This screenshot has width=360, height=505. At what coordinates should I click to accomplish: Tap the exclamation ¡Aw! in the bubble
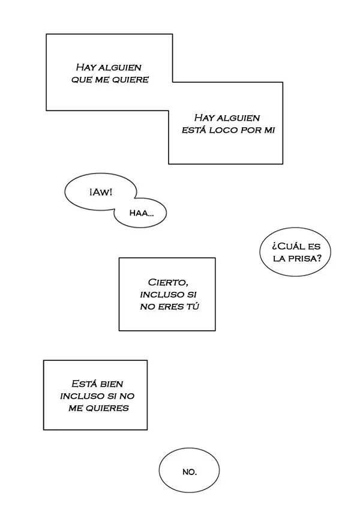tap(101, 193)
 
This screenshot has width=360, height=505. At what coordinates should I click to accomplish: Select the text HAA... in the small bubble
tap(142, 213)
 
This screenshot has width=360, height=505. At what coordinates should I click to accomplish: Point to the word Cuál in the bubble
tap(289, 246)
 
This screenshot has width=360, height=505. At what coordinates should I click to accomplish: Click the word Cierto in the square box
tap(168, 282)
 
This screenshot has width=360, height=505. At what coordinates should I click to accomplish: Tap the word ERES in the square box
tap(170, 307)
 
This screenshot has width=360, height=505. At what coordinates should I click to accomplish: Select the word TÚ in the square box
tap(193, 306)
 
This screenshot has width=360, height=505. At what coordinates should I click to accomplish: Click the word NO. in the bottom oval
tap(190, 472)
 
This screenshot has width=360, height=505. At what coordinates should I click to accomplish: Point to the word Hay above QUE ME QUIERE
tap(86, 67)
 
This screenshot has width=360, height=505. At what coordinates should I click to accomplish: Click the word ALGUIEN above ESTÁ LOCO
tap(238, 118)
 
